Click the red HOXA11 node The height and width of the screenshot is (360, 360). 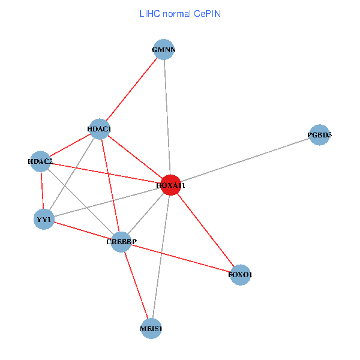(x=170, y=185)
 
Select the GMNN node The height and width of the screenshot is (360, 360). (x=164, y=49)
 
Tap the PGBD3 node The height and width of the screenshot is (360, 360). (x=319, y=135)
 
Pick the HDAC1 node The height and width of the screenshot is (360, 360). (x=99, y=129)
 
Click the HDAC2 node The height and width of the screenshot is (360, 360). (x=40, y=161)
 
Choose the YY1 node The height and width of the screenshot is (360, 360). (x=44, y=219)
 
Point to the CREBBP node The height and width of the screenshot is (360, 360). (x=121, y=242)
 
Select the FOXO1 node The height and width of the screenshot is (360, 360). (x=240, y=275)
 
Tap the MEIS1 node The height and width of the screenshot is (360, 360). (x=151, y=329)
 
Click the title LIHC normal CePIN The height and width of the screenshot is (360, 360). (x=180, y=14)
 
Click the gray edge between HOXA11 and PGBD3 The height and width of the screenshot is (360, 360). (x=245, y=160)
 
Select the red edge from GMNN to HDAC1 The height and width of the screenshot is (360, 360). (x=132, y=89)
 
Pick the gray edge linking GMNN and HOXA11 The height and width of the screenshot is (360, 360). (x=167, y=117)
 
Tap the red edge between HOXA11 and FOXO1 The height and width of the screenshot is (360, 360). (x=205, y=230)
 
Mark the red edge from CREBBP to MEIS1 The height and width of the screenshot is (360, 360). (x=136, y=286)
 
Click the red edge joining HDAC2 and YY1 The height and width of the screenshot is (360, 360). (x=42, y=190)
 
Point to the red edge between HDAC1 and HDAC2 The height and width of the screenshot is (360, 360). (x=70, y=145)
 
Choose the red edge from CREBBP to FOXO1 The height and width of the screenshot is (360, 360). (x=181, y=258)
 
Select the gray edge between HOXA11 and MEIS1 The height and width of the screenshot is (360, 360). (x=161, y=257)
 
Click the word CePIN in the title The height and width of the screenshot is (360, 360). (x=208, y=14)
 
